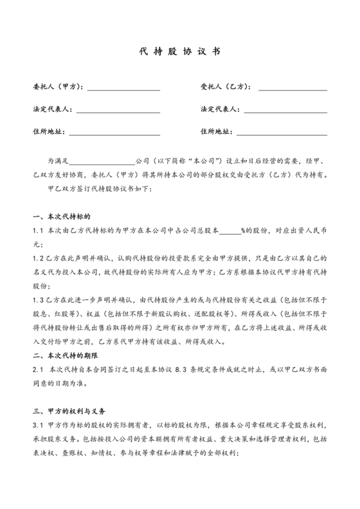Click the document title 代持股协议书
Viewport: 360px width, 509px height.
click(x=180, y=53)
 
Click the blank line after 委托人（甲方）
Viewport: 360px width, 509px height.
click(x=124, y=87)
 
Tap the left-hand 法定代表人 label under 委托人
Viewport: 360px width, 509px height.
click(x=53, y=110)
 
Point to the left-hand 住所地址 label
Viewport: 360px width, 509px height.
click(x=48, y=132)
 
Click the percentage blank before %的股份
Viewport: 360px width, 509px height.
click(x=230, y=231)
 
